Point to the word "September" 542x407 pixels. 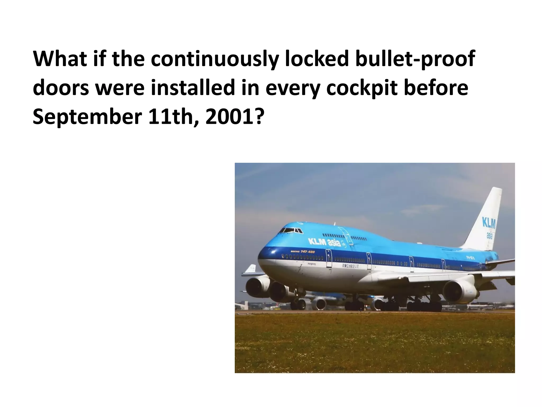(x=87, y=117)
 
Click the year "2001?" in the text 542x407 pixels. (x=234, y=117)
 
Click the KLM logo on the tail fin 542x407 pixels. (x=489, y=223)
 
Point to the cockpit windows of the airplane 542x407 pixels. (x=291, y=231)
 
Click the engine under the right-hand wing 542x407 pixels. (x=460, y=292)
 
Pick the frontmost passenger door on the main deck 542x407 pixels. (x=328, y=258)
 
